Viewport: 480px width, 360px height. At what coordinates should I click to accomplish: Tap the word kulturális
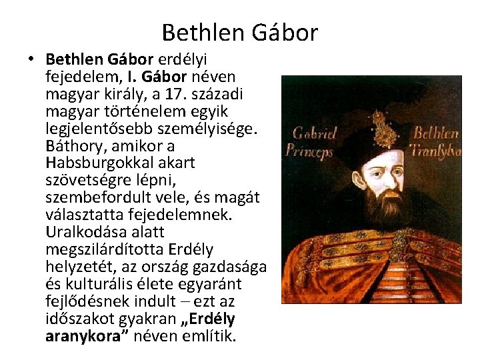click(x=97, y=283)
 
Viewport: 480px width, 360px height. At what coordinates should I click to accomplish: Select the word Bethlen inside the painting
click(x=435, y=133)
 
